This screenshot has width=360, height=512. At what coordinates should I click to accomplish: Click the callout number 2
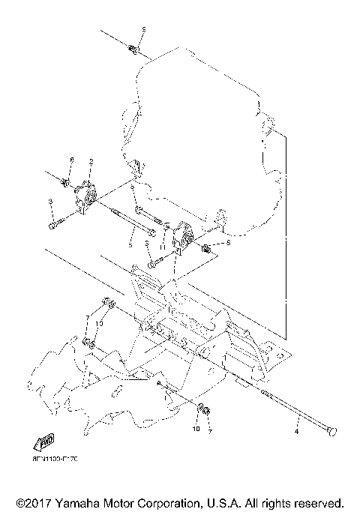coord(90,161)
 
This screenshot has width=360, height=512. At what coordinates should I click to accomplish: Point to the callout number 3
coord(49,202)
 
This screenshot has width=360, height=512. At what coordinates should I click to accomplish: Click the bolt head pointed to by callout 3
coord(52,225)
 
